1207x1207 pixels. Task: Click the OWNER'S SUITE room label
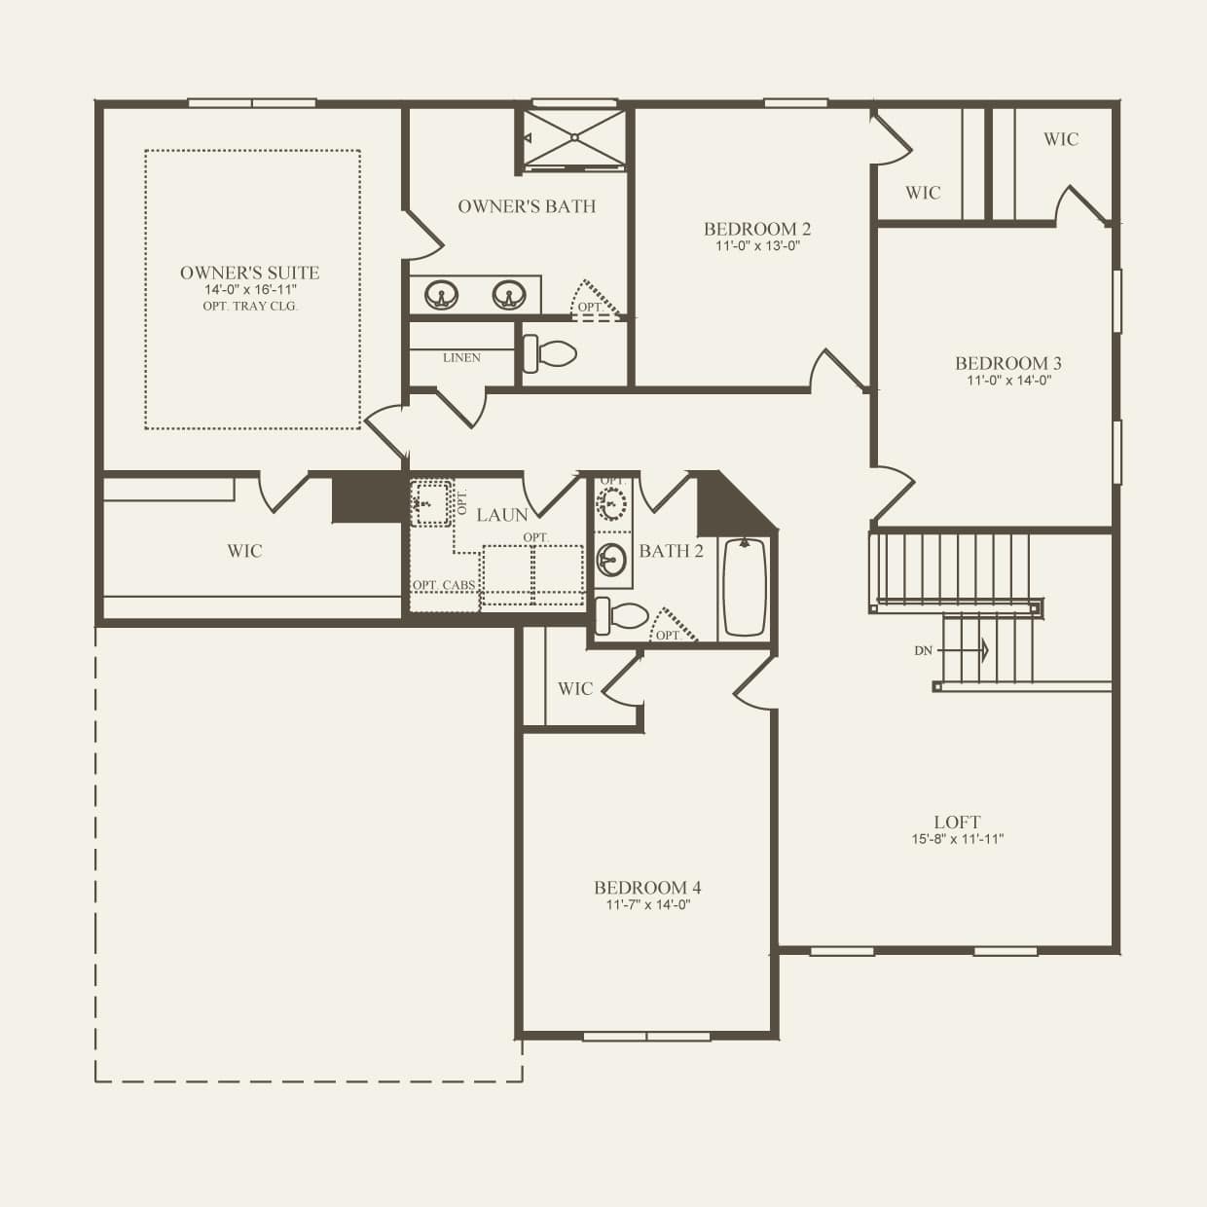249,273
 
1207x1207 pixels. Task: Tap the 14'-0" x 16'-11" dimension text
249,290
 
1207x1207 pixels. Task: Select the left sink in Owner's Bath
443,293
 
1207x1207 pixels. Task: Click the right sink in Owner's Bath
507,293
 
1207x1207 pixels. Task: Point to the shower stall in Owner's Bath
574,138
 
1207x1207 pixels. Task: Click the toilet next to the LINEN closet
551,352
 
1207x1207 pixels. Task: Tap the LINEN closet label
461,357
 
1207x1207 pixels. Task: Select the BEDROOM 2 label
757,229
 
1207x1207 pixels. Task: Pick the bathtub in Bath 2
745,587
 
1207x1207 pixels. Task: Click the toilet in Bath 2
623,614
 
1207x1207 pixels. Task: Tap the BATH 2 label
671,551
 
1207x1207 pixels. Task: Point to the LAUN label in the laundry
502,514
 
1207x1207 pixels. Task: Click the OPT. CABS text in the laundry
444,585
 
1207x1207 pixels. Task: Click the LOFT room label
957,822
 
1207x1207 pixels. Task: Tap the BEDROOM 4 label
647,887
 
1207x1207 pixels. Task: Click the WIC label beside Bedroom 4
574,688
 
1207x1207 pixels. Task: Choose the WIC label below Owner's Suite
244,551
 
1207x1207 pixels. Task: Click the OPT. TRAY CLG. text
250,306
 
